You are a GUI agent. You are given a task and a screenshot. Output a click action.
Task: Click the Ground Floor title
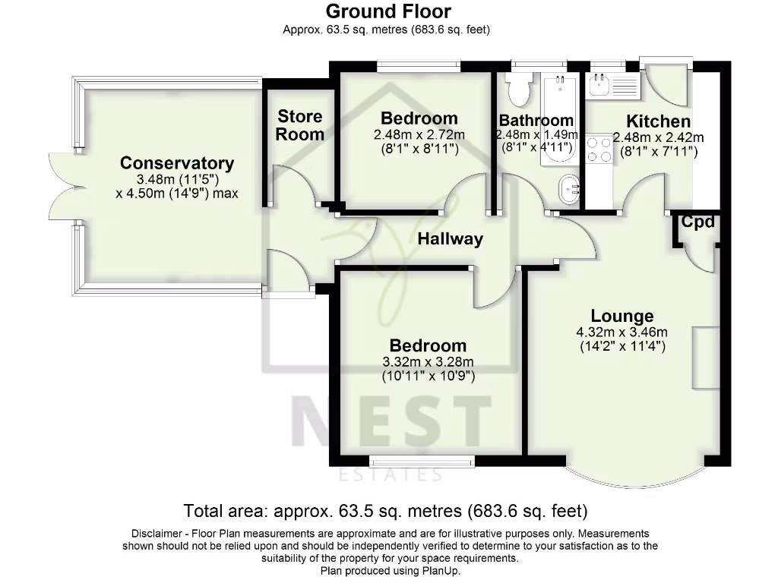point(388,11)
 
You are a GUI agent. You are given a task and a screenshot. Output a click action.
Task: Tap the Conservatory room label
point(177,163)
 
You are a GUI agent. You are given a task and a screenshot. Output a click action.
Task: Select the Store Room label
point(299,125)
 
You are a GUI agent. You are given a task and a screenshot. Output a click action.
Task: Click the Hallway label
point(450,239)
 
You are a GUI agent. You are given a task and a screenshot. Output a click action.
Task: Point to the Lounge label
point(622,317)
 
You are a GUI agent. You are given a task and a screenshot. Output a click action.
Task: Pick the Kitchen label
point(658,121)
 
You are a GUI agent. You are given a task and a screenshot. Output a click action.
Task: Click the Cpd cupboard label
point(697,222)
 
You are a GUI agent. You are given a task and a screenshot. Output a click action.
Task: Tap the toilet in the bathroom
point(521,89)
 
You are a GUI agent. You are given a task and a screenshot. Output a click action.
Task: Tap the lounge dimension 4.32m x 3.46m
point(622,332)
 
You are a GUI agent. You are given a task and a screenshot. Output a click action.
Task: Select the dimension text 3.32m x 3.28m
point(428,361)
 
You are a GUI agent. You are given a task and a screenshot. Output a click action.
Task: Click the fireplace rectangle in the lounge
point(704,358)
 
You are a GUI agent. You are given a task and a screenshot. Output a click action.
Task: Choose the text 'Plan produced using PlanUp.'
point(390,570)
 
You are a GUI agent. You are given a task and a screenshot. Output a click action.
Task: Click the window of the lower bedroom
point(421,460)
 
